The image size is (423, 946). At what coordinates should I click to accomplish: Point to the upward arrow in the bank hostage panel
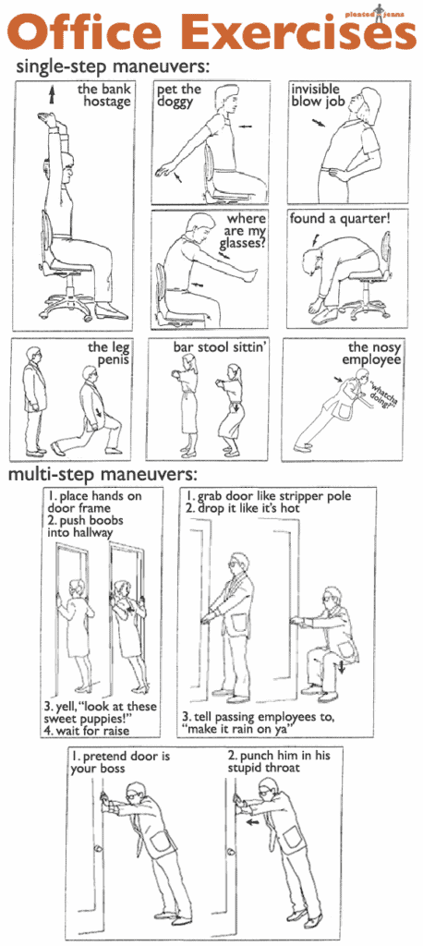53,92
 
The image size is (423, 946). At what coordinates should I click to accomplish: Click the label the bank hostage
104,95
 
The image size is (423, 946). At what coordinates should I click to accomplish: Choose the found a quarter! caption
354,219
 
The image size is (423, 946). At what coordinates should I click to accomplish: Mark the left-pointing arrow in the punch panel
250,819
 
